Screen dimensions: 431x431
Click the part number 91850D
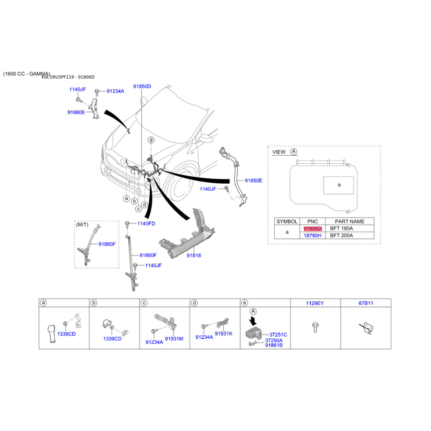(x=142, y=86)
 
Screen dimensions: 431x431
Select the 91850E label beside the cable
(x=253, y=180)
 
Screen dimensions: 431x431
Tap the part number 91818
(x=194, y=255)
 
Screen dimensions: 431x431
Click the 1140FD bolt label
(x=146, y=224)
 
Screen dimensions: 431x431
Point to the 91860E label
(x=76, y=112)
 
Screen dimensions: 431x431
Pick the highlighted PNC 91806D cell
(x=312, y=228)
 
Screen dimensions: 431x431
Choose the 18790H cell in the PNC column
(x=312, y=235)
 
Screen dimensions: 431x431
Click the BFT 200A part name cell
(x=342, y=235)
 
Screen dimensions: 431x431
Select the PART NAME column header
(x=349, y=221)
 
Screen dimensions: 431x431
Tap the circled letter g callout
(x=151, y=140)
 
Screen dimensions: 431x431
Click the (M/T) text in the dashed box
(x=82, y=225)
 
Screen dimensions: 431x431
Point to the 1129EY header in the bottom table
(x=315, y=303)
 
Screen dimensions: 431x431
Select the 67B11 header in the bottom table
(x=366, y=303)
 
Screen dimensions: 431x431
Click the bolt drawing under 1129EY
(x=315, y=327)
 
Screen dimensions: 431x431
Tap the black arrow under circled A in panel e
(x=253, y=321)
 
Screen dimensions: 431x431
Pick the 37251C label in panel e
(x=278, y=335)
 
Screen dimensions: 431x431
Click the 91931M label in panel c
(x=174, y=339)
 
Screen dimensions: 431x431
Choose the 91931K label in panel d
(x=224, y=333)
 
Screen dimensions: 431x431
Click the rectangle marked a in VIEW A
(x=339, y=185)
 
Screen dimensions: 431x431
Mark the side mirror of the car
(x=206, y=138)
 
